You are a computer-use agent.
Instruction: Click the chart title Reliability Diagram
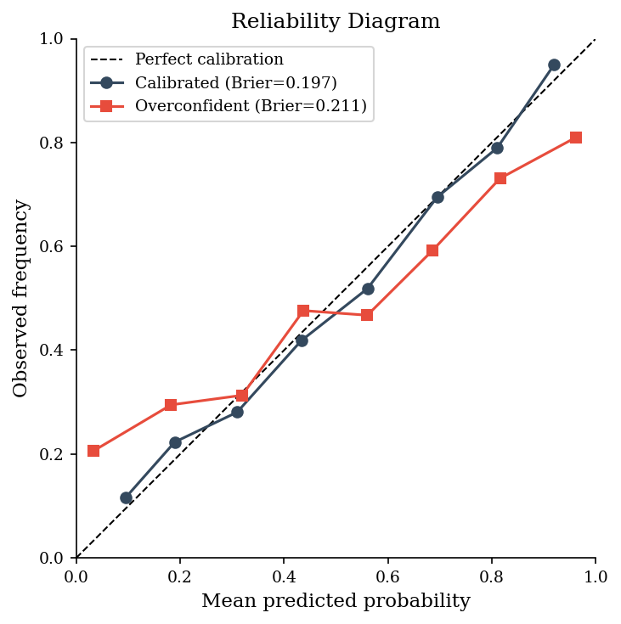(x=336, y=21)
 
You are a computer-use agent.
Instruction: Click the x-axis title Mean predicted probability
(x=336, y=601)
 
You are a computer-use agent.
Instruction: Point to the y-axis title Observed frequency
(x=20, y=299)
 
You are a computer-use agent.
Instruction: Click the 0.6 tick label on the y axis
(x=51, y=246)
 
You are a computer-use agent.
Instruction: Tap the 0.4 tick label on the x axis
(x=284, y=576)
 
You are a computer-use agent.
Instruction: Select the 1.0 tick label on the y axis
(x=51, y=39)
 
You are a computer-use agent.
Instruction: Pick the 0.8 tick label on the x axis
(x=492, y=576)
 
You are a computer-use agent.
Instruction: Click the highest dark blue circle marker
(x=554, y=65)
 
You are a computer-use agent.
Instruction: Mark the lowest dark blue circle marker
(x=127, y=498)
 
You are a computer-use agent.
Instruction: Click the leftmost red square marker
(x=93, y=451)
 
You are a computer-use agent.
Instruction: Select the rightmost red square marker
(x=576, y=138)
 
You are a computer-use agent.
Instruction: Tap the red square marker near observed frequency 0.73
(x=500, y=178)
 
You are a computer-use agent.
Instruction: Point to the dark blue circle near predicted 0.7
(x=438, y=197)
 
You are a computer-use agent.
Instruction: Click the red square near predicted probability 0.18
(x=171, y=405)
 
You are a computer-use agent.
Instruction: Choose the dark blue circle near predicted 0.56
(x=368, y=289)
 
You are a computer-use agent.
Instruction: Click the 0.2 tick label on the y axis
(x=51, y=454)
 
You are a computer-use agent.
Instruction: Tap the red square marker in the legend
(x=106, y=106)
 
